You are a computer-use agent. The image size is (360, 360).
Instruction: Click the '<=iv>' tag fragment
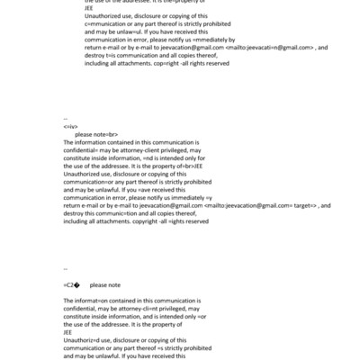point(70,127)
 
